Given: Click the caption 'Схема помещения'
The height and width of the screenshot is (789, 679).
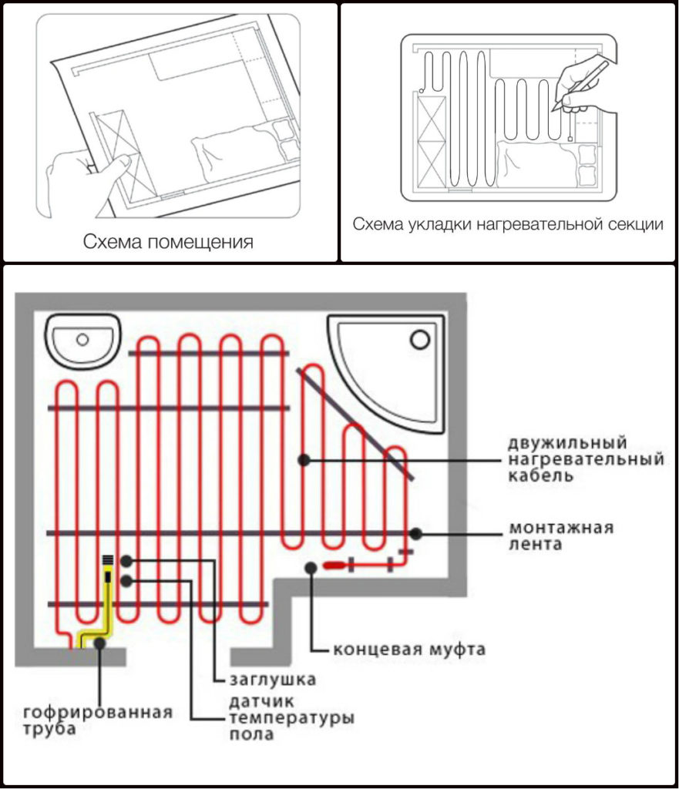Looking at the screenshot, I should pyautogui.click(x=168, y=243).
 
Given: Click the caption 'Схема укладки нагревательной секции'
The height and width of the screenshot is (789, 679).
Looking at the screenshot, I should pyautogui.click(x=508, y=224).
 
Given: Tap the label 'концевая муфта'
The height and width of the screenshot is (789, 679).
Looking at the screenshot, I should pyautogui.click(x=409, y=649).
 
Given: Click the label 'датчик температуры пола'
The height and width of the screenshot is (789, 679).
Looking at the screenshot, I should pyautogui.click(x=291, y=718).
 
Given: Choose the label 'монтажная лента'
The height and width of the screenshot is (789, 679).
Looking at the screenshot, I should pyautogui.click(x=560, y=536).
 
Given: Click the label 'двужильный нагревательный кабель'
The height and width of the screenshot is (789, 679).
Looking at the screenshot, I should pyautogui.click(x=585, y=459).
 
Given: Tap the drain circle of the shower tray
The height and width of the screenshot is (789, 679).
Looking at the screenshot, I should pyautogui.click(x=420, y=338).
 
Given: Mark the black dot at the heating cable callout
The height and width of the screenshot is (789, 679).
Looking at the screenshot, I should pyautogui.click(x=305, y=459).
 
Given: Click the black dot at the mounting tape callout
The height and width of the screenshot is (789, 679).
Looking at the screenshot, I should pyautogui.click(x=416, y=532).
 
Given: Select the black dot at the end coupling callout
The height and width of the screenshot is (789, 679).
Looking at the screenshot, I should pyautogui.click(x=311, y=567).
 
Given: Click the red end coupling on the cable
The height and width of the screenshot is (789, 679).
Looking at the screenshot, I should pyautogui.click(x=336, y=566).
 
